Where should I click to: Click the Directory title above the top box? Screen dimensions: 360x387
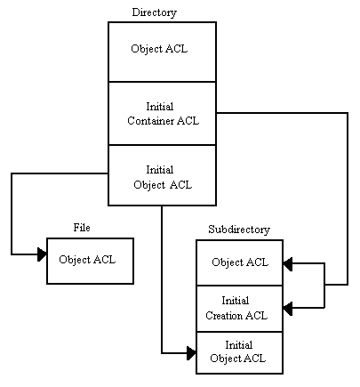click(154, 12)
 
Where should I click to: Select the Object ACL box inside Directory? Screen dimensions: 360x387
click(162, 52)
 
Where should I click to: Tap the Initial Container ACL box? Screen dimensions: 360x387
click(162, 113)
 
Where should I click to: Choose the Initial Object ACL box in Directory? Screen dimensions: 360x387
click(162, 175)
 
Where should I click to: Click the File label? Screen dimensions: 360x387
click(82, 228)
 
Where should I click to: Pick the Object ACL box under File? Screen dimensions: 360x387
click(90, 261)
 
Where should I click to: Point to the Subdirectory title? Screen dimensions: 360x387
click(239, 230)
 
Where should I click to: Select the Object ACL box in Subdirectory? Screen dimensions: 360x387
click(240, 262)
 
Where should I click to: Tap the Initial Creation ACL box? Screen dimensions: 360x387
click(240, 309)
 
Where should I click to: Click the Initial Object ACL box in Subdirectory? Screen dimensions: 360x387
click(240, 352)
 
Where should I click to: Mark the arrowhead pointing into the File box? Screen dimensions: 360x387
click(42, 254)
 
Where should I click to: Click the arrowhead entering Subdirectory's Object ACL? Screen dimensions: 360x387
click(288, 263)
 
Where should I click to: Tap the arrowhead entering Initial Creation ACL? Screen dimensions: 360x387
click(288, 308)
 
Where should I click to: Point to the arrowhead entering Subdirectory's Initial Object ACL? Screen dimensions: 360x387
click(191, 353)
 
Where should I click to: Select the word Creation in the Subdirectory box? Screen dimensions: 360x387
click(224, 315)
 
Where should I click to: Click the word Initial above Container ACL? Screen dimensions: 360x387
click(160, 107)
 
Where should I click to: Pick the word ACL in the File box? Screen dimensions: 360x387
click(104, 260)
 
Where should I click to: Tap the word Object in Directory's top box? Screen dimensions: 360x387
click(147, 49)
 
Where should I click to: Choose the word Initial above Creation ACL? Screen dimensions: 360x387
click(236, 301)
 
